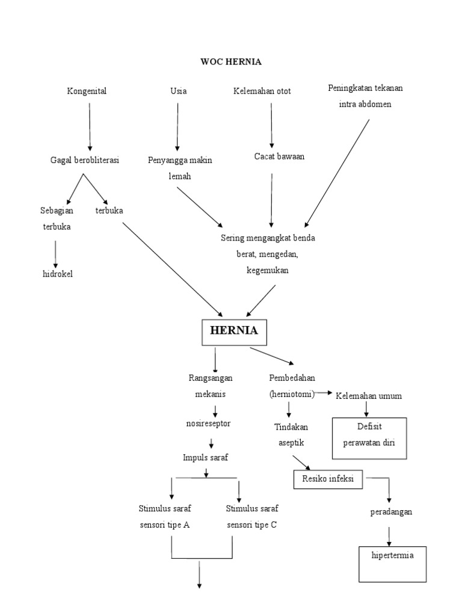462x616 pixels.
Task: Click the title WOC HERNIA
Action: tap(231, 61)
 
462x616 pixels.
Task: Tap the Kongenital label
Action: tap(87, 91)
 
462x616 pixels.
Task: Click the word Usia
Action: tap(178, 91)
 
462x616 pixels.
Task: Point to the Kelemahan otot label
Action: tap(262, 91)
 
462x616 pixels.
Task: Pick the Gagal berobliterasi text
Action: tap(84, 160)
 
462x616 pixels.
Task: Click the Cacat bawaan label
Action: tap(279, 156)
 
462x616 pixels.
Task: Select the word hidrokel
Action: tap(56, 275)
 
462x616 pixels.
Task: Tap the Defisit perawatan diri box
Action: tap(369, 434)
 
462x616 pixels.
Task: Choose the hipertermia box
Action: tap(393, 561)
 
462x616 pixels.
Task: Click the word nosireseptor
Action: tap(208, 423)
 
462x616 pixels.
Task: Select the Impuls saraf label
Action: tap(206, 458)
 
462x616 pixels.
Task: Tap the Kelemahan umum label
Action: tap(369, 396)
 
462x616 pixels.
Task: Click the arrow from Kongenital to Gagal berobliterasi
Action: tap(90, 126)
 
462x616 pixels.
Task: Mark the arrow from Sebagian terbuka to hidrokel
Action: tap(55, 254)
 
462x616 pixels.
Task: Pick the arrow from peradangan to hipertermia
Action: tap(389, 535)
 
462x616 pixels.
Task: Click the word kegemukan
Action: tap(267, 271)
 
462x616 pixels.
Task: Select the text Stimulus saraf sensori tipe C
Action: tap(251, 516)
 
